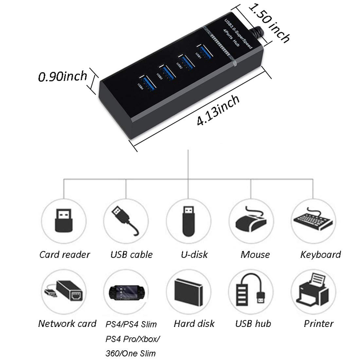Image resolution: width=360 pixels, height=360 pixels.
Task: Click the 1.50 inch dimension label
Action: tap(269, 22)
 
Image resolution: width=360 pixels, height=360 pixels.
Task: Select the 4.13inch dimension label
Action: tap(218, 111)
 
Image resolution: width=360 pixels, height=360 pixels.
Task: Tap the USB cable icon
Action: tap(125, 220)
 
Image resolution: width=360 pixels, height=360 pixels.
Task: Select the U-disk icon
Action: tap(188, 220)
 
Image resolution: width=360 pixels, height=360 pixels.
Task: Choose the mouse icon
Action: tap(251, 220)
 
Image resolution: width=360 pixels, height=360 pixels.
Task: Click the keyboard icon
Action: tap(313, 220)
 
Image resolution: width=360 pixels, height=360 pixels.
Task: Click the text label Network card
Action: tap(67, 324)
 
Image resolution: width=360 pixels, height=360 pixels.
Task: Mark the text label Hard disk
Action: tap(194, 324)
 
